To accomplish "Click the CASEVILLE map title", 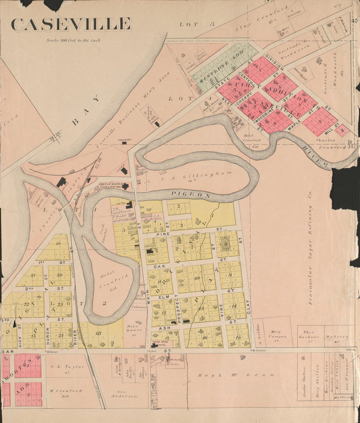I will tap(71, 25).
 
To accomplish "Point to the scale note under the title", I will tap(73, 41).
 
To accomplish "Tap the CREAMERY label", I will tap(125, 140).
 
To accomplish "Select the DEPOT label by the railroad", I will tap(94, 176).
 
